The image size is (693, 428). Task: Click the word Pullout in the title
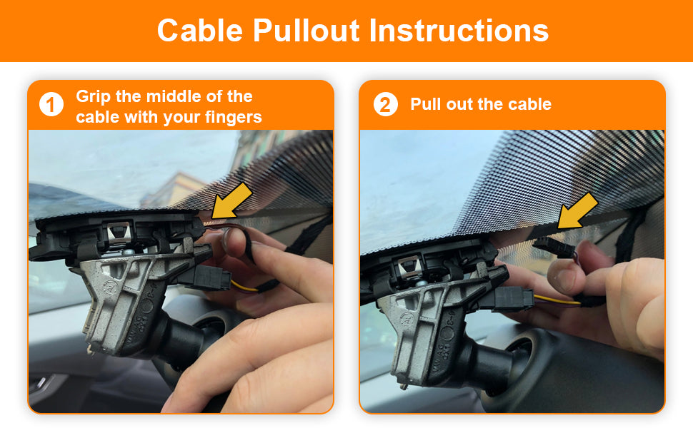click(x=306, y=31)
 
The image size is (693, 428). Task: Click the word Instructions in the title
click(x=459, y=30)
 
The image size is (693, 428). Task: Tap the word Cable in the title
click(x=200, y=30)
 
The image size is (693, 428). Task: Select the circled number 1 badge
click(x=51, y=105)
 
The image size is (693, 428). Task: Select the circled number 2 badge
click(x=385, y=105)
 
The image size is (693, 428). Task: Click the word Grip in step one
click(x=94, y=96)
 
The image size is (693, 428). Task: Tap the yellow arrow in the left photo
click(x=231, y=202)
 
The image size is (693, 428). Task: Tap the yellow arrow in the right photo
click(x=577, y=211)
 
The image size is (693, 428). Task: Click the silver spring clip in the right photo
click(x=409, y=267)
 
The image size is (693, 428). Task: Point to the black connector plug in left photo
click(x=211, y=278)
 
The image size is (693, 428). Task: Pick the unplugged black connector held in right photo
click(x=554, y=248)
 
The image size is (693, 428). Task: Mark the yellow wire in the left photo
click(x=244, y=287)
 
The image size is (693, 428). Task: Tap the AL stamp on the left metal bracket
click(x=109, y=285)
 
